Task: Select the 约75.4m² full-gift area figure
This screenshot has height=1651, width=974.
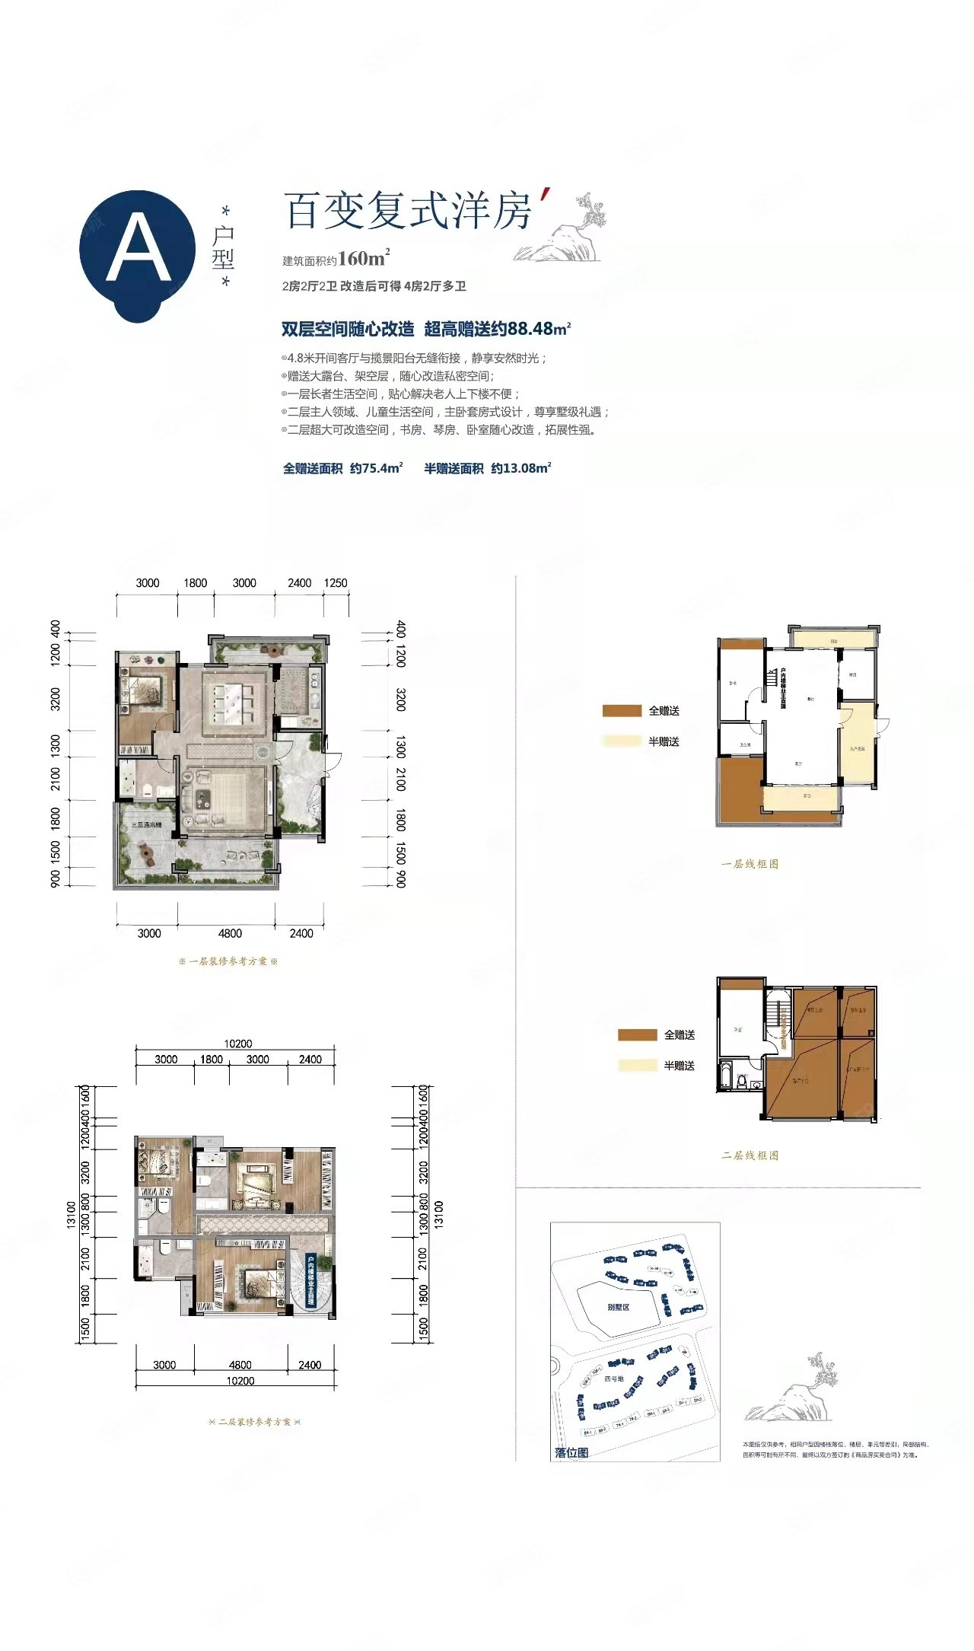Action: point(376,468)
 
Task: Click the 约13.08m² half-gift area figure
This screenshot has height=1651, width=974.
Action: point(520,468)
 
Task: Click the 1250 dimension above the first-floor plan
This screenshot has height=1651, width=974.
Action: point(336,583)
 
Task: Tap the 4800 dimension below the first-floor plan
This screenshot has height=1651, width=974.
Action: point(230,933)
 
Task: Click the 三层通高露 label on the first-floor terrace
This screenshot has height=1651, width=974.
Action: point(146,825)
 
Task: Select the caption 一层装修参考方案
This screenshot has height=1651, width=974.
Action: point(228,961)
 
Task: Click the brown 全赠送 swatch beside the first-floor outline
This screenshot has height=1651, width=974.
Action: point(622,711)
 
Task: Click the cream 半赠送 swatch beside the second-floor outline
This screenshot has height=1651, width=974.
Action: point(637,1066)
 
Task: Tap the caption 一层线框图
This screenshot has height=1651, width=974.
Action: point(750,864)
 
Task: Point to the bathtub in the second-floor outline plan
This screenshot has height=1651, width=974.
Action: point(726,1079)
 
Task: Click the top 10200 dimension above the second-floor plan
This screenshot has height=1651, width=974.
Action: point(238,1044)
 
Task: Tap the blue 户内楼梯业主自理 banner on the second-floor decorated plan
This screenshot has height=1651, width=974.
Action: point(311,1281)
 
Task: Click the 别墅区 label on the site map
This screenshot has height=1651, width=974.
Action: point(618,1307)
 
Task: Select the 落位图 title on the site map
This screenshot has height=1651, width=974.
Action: point(571,1452)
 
